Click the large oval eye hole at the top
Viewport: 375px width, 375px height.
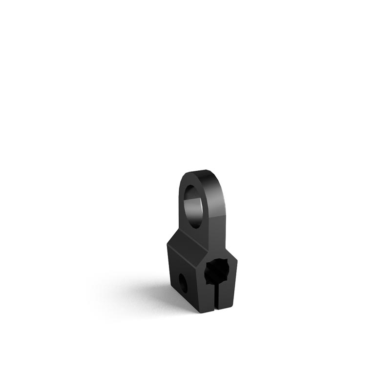194,205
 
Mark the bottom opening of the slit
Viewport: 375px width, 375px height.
215,311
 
